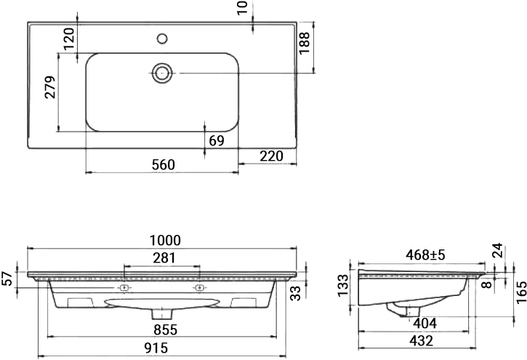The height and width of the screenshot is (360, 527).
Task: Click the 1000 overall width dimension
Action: point(165,241)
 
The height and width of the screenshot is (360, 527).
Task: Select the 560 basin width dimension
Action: point(164,164)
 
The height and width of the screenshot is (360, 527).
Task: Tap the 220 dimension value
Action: point(272,156)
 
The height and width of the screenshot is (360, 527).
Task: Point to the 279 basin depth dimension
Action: point(50,87)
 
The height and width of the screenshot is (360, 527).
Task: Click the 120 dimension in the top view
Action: point(69,39)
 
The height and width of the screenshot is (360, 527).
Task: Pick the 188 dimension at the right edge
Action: point(304,43)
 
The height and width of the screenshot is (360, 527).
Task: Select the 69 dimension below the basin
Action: point(217,140)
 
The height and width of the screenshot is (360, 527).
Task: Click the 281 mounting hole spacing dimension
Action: point(164,257)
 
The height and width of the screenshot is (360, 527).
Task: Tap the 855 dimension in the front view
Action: point(165,329)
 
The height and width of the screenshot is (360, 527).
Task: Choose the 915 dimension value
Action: point(156,348)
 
